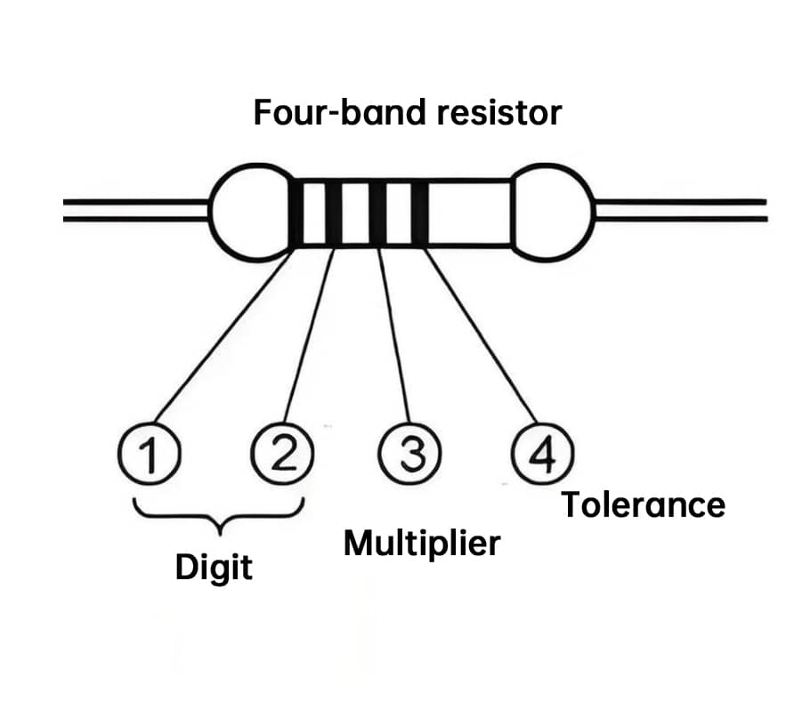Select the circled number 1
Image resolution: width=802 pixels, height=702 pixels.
[x=149, y=456]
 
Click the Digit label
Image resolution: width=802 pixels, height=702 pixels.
[x=214, y=568]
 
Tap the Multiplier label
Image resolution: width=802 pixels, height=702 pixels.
[x=422, y=543]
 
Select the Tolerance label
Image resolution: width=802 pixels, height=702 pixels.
[x=643, y=504]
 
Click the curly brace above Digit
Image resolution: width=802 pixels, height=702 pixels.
[x=218, y=514]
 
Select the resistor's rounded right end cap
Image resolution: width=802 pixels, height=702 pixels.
[x=555, y=212]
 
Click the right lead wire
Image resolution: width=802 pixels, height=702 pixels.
[x=681, y=211]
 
